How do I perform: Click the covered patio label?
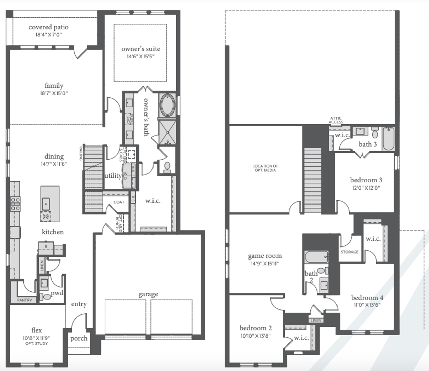coord(49,27)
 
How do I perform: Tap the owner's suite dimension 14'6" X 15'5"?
coord(140,57)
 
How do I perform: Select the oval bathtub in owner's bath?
coord(167,105)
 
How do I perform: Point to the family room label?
coord(54,86)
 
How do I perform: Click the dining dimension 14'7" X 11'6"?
coord(54,164)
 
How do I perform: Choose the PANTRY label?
coord(25,300)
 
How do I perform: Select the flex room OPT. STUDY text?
coord(37,344)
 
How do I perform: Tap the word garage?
coord(148,294)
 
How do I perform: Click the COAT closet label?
coord(119,202)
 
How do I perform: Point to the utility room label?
coord(113,175)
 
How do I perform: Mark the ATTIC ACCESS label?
coord(336,120)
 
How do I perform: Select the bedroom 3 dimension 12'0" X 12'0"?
coord(366,188)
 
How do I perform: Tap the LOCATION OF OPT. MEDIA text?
coord(265,168)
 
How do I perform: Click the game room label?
coord(265,256)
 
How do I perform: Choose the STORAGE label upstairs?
coord(349,252)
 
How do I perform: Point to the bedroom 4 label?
coord(367,298)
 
